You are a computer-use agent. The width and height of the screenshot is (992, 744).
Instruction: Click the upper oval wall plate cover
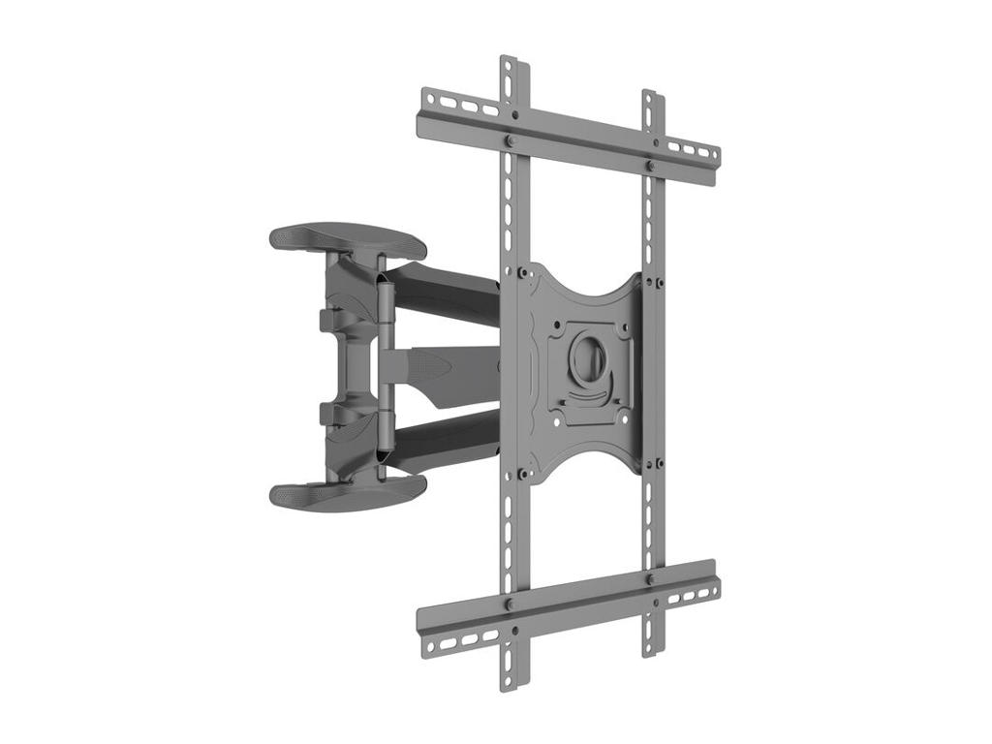click(x=347, y=239)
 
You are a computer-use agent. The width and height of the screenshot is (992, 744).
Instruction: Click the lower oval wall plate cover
click(x=347, y=494)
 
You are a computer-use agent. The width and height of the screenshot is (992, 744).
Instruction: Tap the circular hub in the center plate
click(x=587, y=360)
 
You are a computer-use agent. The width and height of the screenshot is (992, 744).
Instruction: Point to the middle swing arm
click(x=446, y=365)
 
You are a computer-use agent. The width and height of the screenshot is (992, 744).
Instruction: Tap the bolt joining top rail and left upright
click(x=510, y=141)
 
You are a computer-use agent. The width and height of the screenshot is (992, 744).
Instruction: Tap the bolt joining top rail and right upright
click(x=650, y=167)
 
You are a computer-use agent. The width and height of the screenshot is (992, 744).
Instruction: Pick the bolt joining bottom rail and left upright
click(x=510, y=604)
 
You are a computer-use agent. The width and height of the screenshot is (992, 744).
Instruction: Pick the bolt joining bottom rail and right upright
click(x=650, y=579)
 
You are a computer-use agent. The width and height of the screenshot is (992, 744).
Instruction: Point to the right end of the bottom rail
click(x=714, y=581)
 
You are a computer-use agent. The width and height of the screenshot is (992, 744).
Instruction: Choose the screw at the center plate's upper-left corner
click(x=523, y=272)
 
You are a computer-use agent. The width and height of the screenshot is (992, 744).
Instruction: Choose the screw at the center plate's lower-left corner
click(x=523, y=474)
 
